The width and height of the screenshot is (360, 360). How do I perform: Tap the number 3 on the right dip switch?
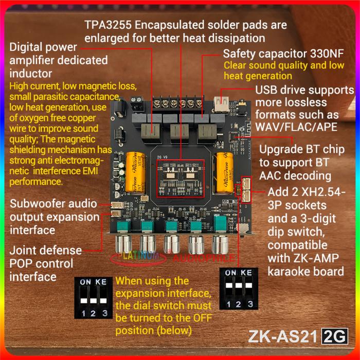(249, 304)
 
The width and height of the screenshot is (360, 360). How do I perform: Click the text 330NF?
(324, 54)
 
